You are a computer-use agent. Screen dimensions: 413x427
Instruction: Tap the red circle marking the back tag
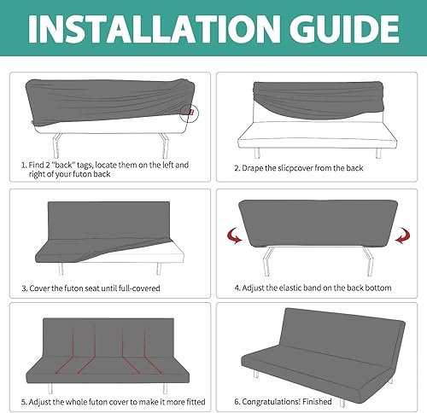[x=195, y=111]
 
